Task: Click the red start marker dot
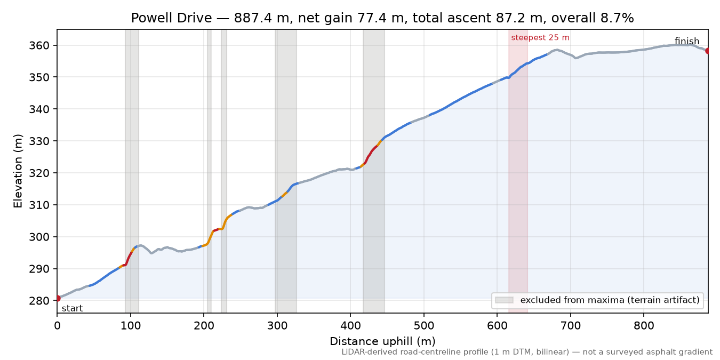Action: pos(58,299)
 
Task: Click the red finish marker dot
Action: pos(708,51)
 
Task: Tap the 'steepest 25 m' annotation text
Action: pos(540,38)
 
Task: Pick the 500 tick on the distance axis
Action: pos(424,326)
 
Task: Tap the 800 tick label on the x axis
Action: pos(644,326)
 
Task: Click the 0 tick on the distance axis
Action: pos(57,326)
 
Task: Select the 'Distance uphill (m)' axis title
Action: pos(382,341)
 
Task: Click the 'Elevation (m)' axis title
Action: pos(18,171)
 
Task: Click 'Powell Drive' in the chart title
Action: pos(171,18)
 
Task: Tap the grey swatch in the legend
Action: pos(504,300)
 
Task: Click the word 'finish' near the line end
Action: pos(687,41)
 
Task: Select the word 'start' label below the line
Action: pos(73,309)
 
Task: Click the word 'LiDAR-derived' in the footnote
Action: pos(362,352)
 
